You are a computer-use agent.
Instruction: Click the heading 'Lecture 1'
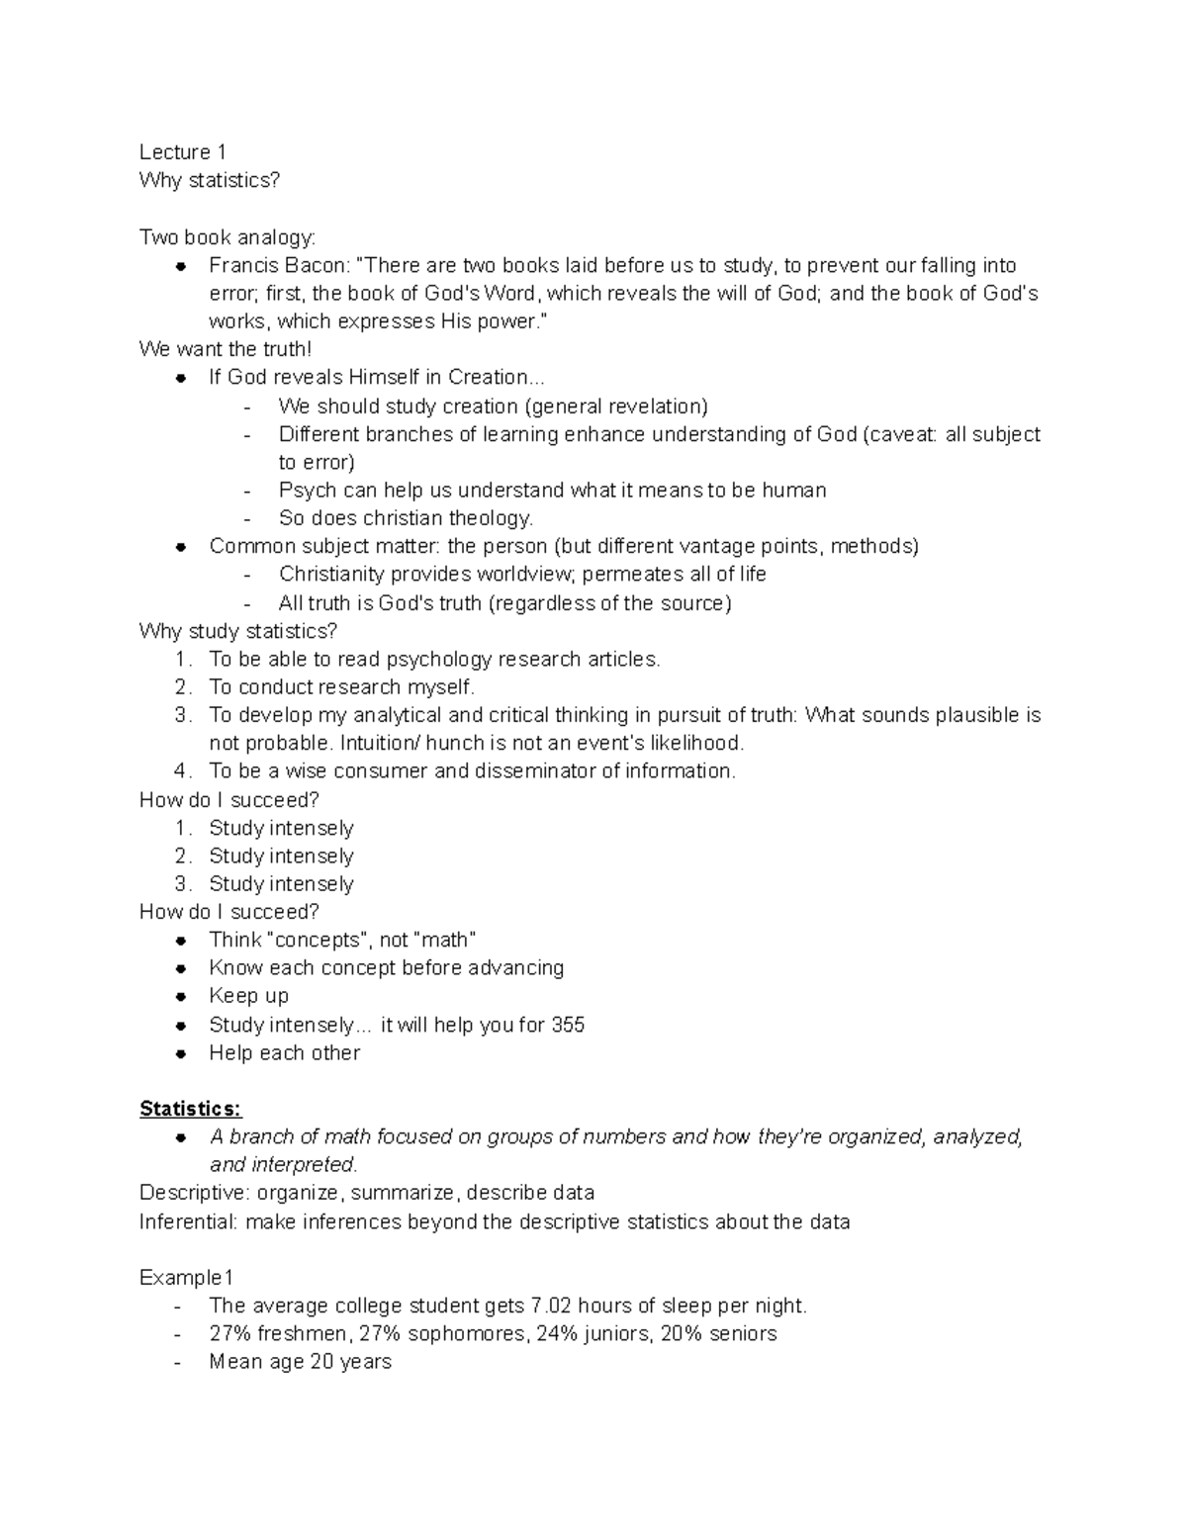(x=183, y=152)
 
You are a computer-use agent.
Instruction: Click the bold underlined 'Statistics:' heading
(x=190, y=1108)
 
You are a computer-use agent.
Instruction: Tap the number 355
(x=568, y=1025)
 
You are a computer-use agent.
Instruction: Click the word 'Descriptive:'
(x=195, y=1193)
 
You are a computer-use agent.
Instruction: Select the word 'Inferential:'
(x=189, y=1221)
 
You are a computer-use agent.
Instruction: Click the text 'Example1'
(x=186, y=1278)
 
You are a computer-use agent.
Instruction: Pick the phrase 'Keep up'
(x=248, y=996)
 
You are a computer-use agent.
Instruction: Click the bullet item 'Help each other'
(x=284, y=1052)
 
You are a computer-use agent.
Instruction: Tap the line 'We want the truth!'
(x=226, y=349)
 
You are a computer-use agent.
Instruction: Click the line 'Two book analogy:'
(x=228, y=237)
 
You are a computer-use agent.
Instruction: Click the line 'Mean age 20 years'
(x=300, y=1362)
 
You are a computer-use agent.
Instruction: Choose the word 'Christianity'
(x=331, y=574)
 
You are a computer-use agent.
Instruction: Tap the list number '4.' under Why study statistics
(x=182, y=770)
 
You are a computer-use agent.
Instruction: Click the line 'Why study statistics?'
(x=238, y=631)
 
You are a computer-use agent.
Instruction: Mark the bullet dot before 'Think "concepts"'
(x=181, y=941)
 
